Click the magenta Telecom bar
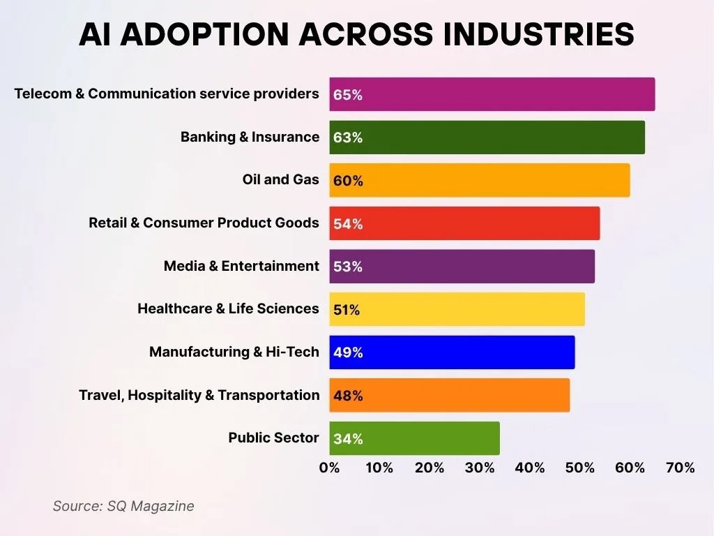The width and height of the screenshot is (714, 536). click(x=492, y=94)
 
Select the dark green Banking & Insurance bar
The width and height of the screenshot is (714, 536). click(x=487, y=137)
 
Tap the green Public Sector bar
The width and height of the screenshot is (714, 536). click(x=414, y=438)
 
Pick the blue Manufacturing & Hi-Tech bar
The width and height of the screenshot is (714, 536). click(x=452, y=352)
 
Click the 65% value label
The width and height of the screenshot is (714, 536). click(x=348, y=95)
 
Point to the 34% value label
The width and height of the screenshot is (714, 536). click(x=348, y=439)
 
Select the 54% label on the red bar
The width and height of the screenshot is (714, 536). click(x=348, y=224)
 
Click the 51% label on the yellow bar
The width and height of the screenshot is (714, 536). click(x=347, y=310)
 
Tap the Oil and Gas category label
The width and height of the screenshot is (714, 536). click(x=280, y=179)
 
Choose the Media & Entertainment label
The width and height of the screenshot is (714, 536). click(x=241, y=266)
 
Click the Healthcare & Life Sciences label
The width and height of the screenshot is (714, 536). click(x=228, y=308)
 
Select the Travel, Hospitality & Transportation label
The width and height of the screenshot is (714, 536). click(x=199, y=395)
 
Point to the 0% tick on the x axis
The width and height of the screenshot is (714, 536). click(x=329, y=468)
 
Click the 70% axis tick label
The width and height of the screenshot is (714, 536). click(x=680, y=468)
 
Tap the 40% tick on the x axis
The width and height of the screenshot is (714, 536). click(x=529, y=468)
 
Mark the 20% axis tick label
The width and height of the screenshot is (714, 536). click(x=429, y=468)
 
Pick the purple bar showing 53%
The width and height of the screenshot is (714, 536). click(x=462, y=267)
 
